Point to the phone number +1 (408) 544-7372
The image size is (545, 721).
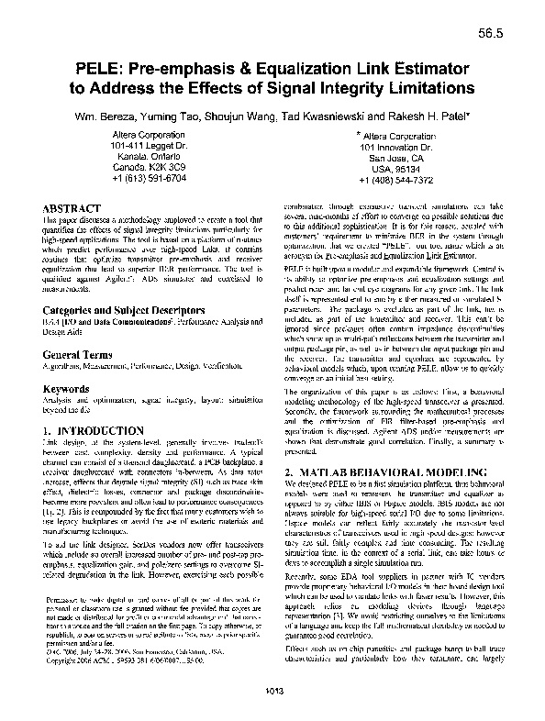(x=396, y=181)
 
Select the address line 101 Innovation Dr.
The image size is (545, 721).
(x=396, y=147)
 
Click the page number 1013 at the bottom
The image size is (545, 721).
(x=272, y=704)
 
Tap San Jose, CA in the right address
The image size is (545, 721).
(x=396, y=158)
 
